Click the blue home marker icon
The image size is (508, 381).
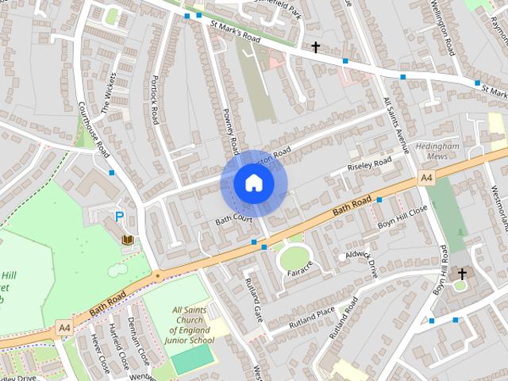(x=253, y=183)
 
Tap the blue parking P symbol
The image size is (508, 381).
(x=120, y=216)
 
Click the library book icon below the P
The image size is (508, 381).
(x=126, y=239)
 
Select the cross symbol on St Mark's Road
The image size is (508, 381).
(x=315, y=48)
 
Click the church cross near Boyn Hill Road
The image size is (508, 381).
(x=462, y=274)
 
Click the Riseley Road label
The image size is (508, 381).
(x=371, y=165)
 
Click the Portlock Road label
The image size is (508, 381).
(x=156, y=101)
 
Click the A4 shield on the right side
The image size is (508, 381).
(x=427, y=178)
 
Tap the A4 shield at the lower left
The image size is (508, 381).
(x=64, y=327)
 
